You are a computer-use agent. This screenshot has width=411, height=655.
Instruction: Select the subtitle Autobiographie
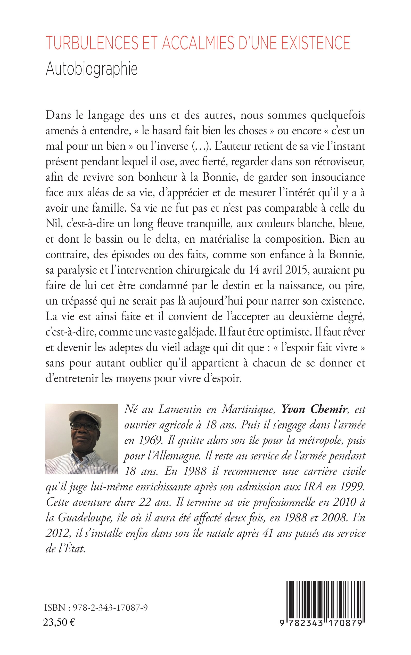click(92, 70)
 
